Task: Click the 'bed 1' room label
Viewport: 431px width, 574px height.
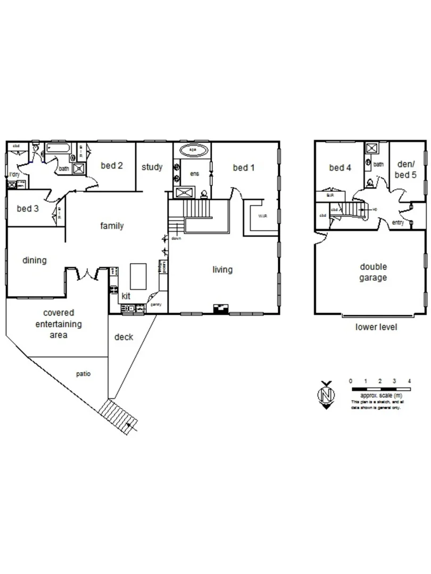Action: (244, 168)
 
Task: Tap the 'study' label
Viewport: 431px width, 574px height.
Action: (152, 167)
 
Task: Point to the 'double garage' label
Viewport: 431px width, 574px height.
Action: (373, 272)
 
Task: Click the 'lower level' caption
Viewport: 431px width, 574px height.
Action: (376, 327)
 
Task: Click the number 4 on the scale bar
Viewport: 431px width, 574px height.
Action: (409, 382)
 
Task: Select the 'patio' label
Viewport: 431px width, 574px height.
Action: (83, 374)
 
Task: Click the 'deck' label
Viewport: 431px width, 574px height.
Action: (123, 337)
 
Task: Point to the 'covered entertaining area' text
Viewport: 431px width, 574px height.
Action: (59, 324)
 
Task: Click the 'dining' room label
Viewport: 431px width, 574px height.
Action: (35, 260)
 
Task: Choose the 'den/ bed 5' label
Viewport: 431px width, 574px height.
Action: (407, 168)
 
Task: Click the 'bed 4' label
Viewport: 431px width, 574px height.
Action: (340, 168)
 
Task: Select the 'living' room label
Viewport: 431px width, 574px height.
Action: (222, 269)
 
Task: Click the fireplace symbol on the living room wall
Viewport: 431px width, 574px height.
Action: (219, 308)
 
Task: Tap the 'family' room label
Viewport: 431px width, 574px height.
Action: (112, 226)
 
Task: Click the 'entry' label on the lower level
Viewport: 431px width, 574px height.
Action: (397, 223)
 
